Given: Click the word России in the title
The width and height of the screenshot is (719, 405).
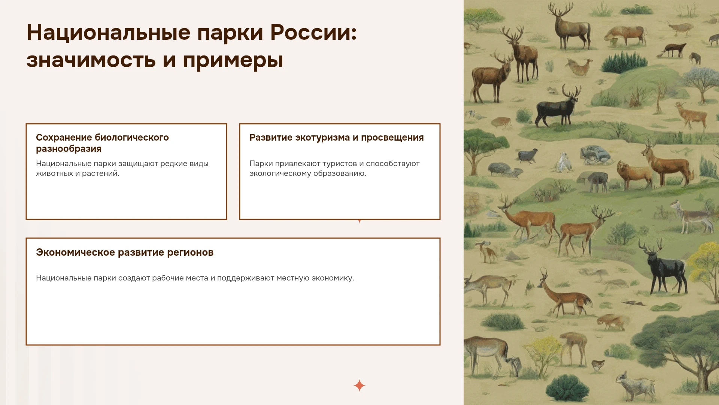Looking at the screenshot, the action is [313, 33].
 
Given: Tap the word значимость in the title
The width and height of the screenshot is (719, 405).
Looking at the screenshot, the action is [91, 60].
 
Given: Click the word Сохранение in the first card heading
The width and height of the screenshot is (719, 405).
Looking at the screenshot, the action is [64, 138].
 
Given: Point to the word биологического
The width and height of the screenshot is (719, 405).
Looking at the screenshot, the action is [132, 138].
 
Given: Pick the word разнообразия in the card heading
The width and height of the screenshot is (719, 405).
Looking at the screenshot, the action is [69, 149].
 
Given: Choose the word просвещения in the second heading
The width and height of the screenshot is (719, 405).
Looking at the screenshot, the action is [392, 138].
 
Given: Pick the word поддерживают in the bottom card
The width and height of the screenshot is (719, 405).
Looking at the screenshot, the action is [246, 278].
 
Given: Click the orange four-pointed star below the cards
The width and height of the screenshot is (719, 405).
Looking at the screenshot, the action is [359, 385].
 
